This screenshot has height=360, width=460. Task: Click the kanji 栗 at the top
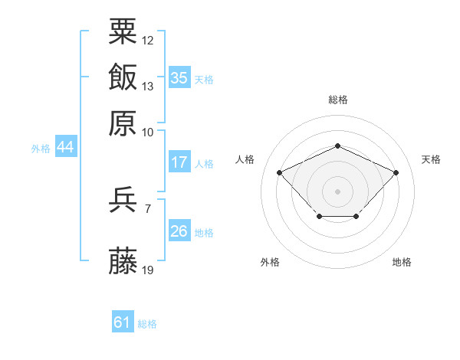coord(123,31)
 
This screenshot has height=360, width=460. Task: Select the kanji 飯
coord(123,77)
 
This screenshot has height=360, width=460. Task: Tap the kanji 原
coord(123,123)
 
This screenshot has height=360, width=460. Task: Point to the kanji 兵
coord(123,199)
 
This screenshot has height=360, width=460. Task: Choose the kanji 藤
coord(123,260)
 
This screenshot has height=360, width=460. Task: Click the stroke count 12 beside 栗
coord(147,41)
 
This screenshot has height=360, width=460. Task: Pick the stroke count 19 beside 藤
coord(147,270)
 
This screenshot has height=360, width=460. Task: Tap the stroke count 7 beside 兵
coord(148,209)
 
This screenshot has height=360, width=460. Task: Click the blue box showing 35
coord(179,77)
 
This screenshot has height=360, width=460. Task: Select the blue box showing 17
coord(179,162)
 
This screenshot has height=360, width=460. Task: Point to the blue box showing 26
coord(179,230)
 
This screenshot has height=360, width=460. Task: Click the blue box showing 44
coord(66,146)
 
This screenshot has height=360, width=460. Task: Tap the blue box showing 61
coord(123,321)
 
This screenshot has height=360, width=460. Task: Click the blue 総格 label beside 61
coord(147,324)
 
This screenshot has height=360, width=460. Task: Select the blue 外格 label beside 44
coord(41,149)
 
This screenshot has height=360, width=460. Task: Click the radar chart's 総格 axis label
coord(338,100)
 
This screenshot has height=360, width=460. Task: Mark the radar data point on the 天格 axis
coord(396,172)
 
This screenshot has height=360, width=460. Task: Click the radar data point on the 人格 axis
coord(280,172)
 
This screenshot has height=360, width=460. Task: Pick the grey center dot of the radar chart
coord(337,191)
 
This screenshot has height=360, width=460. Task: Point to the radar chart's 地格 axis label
coord(402,262)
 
